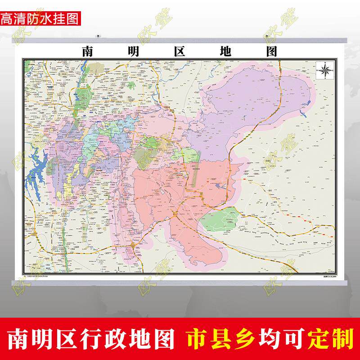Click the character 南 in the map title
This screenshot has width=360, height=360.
(88, 51)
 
